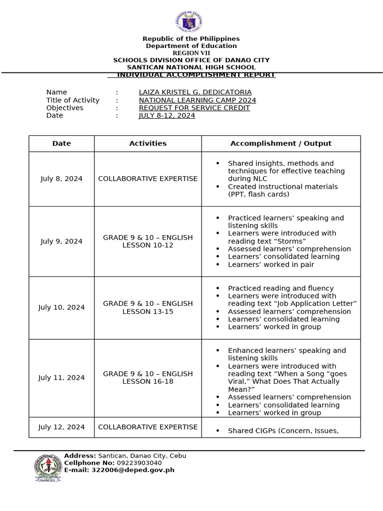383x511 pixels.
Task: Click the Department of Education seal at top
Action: [189, 22]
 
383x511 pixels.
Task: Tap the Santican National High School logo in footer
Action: [48, 468]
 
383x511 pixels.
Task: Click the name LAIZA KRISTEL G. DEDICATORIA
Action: [195, 92]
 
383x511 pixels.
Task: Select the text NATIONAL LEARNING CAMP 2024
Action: [197, 100]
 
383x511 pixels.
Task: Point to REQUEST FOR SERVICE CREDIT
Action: [194, 108]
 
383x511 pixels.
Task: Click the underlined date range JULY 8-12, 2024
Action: [167, 116]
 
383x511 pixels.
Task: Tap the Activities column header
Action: [148, 144]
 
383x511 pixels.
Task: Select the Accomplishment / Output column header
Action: [280, 144]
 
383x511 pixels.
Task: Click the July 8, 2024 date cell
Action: [61, 179]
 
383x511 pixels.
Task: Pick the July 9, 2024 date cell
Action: [61, 242]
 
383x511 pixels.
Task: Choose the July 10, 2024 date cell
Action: [61, 307]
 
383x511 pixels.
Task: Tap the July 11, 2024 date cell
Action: [61, 378]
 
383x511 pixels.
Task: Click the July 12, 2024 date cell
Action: [61, 427]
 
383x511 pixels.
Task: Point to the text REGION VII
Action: [191, 53]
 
